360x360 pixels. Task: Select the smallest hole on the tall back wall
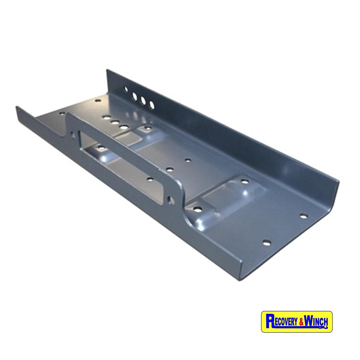126,90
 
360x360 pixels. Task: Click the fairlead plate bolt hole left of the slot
74,134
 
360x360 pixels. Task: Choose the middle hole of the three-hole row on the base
114,122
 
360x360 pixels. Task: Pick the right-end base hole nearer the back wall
303,216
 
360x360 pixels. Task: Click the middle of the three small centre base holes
169,169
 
